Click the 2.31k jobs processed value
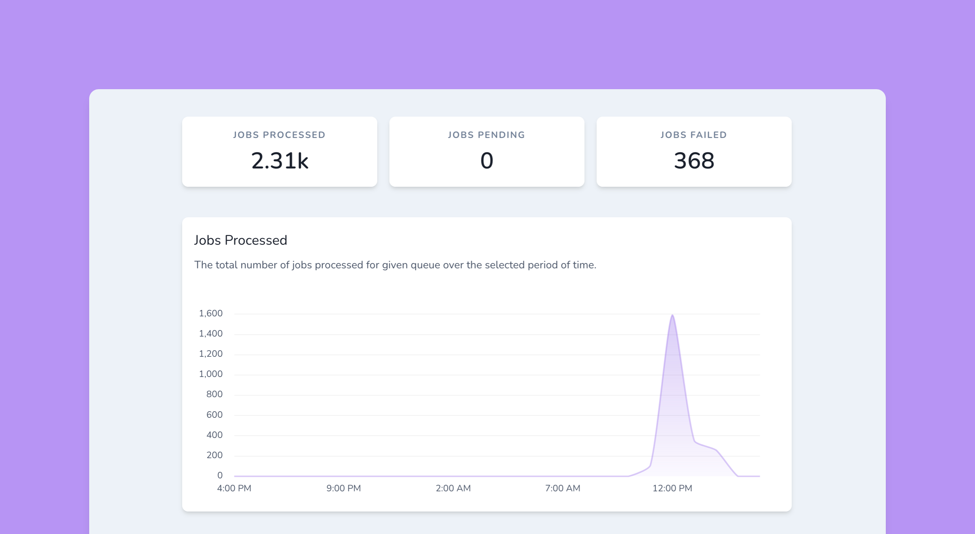pos(279,160)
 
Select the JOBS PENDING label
pos(486,135)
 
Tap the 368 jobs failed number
pos(694,160)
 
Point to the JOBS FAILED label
pos(694,135)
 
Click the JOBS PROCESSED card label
pos(279,135)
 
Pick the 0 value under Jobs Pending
pos(486,160)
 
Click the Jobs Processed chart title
pos(241,240)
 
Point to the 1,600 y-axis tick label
pos(211,313)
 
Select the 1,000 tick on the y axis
pos(211,374)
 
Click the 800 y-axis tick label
pos(214,394)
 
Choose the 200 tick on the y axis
pos(214,455)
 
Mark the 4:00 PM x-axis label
pos(234,488)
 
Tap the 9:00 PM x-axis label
pos(343,488)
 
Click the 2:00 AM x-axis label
pos(453,488)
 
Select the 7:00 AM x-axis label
pos(563,488)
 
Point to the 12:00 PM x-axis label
pos(672,488)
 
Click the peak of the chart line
pos(672,315)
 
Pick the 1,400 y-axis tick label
pos(211,334)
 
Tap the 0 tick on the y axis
pos(220,475)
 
